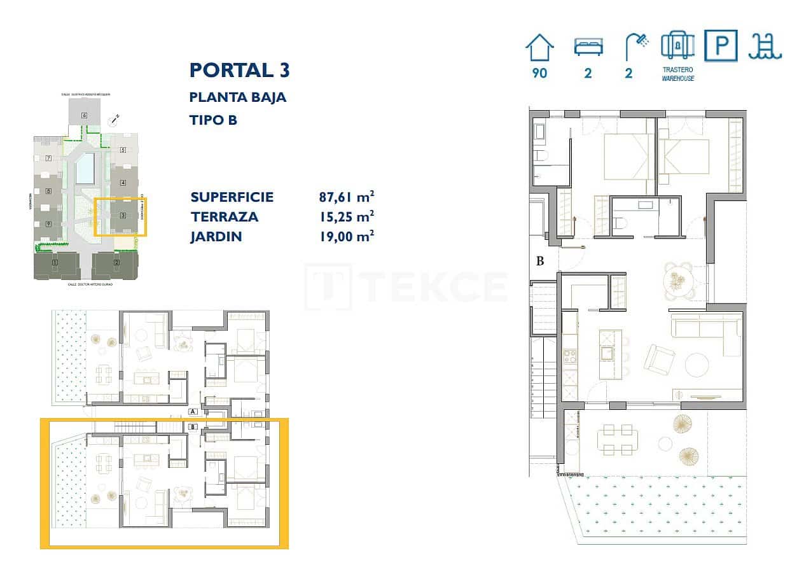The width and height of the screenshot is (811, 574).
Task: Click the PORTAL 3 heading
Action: (239, 70)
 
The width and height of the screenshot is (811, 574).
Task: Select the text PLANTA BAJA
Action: (237, 97)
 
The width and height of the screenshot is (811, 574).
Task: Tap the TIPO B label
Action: (213, 120)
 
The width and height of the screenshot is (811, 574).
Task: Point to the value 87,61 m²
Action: (346, 197)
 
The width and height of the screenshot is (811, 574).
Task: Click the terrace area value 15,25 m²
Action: (346, 216)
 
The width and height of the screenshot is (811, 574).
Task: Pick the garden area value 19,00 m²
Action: (346, 237)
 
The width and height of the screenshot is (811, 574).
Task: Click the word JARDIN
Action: (216, 237)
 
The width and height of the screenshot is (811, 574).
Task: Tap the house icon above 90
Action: (539, 48)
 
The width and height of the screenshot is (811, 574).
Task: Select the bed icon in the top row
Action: (588, 48)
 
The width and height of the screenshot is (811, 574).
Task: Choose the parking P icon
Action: (721, 46)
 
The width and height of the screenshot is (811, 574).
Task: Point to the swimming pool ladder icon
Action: (765, 46)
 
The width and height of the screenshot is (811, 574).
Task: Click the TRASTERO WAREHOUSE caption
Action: (677, 74)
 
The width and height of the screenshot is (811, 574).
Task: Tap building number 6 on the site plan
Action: (84, 115)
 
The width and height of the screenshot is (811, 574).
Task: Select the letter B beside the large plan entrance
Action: (540, 261)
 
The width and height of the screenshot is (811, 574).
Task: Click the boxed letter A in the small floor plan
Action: (193, 412)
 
